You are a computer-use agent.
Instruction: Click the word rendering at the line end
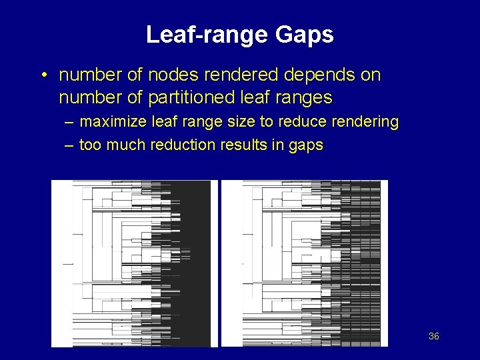367,123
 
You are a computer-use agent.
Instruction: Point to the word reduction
179,145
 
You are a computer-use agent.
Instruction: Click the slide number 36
433,337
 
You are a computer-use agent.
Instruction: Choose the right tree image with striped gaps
304,263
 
